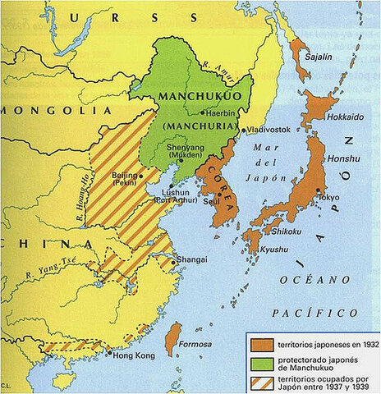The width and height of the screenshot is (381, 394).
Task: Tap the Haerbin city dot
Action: click(x=202, y=112)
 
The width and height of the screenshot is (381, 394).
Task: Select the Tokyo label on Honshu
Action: click(x=330, y=198)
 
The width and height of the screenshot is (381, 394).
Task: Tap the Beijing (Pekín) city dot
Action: click(x=141, y=175)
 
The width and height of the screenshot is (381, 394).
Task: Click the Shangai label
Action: click(x=191, y=258)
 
